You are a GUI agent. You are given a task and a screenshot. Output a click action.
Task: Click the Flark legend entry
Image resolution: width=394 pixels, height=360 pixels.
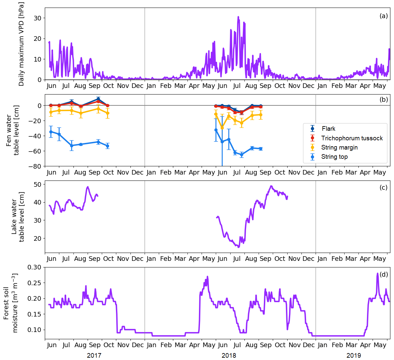[328, 129]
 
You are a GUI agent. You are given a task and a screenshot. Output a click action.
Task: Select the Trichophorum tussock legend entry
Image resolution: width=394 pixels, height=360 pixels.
[352, 138]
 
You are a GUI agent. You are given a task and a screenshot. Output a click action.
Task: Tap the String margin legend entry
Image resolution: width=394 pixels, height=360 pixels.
[339, 148]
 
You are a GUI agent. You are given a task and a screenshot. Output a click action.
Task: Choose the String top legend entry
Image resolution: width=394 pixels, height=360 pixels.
[334, 157]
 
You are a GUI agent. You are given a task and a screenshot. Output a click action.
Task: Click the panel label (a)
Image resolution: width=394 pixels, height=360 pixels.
[383, 16]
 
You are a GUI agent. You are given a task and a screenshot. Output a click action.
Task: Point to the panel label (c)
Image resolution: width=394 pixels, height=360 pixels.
[383, 187]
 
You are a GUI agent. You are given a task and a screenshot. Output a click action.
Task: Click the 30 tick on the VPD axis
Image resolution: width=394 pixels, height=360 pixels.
[38, 18]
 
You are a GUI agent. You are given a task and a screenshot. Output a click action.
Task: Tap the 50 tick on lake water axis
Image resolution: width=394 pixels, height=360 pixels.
[38, 184]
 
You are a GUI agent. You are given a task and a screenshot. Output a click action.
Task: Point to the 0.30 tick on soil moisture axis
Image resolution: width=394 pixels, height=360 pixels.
[35, 267]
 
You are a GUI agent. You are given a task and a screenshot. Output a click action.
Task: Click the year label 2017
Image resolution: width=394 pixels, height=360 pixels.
[94, 355]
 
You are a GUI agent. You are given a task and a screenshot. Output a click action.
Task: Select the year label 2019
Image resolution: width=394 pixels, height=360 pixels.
[353, 355]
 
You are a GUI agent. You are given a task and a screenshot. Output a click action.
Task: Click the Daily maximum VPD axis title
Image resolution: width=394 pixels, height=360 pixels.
[21, 44]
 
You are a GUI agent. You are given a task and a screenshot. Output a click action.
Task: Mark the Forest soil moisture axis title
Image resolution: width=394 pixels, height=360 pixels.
[10, 303]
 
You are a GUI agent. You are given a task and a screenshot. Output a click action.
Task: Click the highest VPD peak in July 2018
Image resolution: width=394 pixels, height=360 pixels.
[238, 17]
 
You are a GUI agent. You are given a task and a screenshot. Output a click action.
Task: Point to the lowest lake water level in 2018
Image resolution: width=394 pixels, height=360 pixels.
[239, 247]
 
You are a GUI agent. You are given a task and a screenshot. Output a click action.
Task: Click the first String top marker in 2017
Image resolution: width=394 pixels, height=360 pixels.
[51, 132]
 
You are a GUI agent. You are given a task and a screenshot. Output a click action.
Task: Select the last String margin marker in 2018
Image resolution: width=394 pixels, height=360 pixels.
[261, 115]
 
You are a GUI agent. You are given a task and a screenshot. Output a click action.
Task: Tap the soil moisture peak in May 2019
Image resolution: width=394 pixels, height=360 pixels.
[378, 273]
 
